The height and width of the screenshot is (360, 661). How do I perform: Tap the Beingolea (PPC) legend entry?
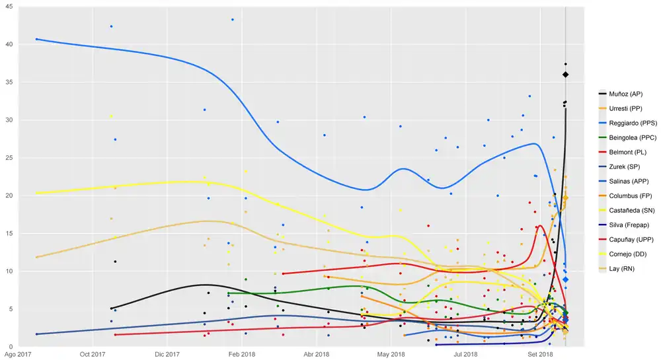coord(631,138)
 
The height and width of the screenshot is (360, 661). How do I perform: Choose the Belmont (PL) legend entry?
coord(625,153)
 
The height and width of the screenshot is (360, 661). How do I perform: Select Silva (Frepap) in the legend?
coord(627,225)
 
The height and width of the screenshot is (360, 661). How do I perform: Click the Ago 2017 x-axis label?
coord(17,355)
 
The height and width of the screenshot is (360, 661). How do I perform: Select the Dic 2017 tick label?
coord(168,355)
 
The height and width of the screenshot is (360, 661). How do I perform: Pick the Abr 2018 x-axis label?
coord(318,355)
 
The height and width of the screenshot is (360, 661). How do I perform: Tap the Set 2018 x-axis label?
coord(541,355)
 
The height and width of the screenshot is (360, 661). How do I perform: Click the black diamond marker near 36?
coord(566,75)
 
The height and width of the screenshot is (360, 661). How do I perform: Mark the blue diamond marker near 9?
coord(566,279)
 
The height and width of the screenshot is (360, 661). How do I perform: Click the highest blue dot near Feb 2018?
coord(233,20)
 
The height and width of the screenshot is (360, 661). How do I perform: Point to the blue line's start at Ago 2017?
coord(36,39)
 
